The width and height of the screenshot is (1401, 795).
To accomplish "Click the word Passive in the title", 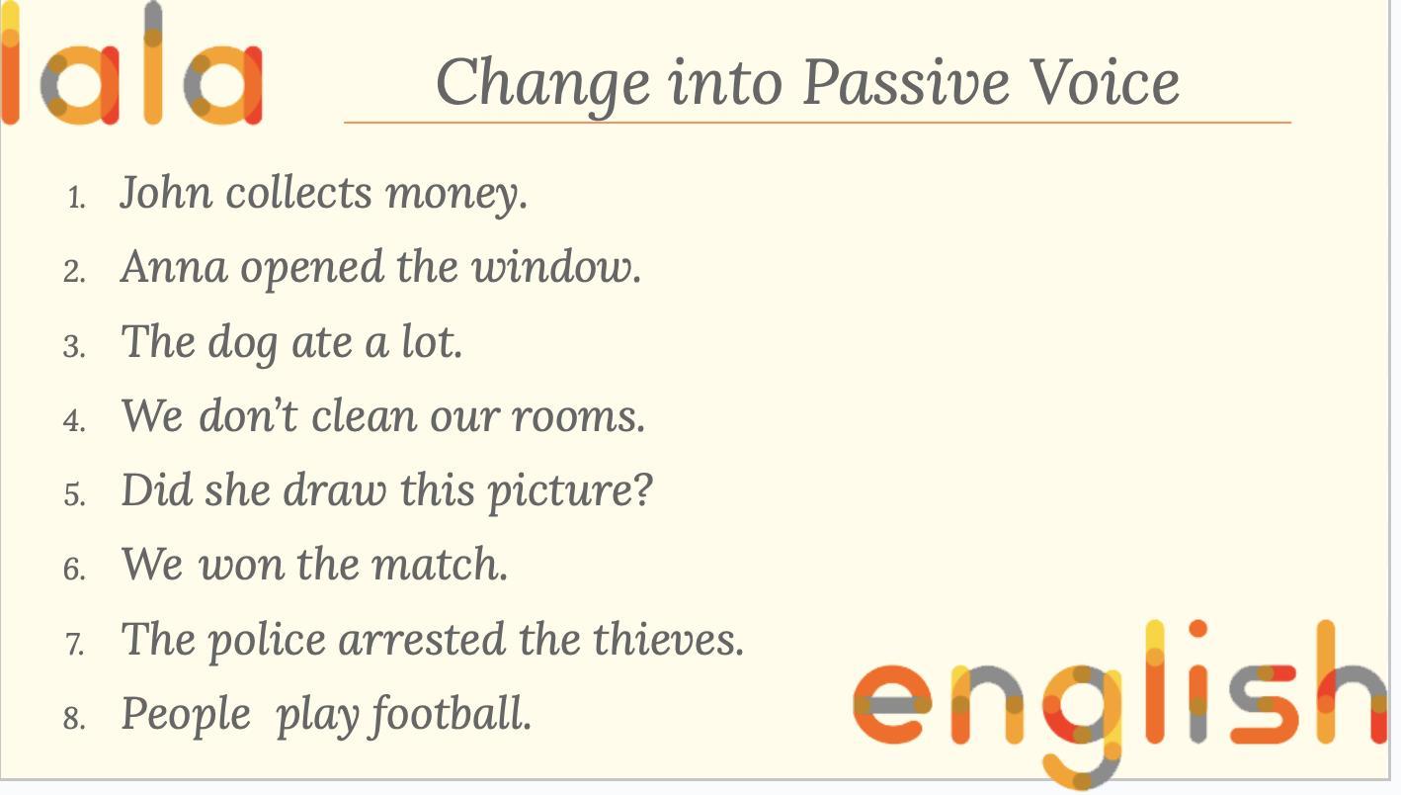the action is [906, 82].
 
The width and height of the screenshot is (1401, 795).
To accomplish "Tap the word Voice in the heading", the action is [1106, 82].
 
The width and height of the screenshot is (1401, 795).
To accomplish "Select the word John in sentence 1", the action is [166, 192].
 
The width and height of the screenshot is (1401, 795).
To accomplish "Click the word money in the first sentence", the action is [456, 196].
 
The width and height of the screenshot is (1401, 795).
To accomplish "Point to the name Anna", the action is [174, 267].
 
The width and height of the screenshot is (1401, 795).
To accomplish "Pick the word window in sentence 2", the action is [555, 267].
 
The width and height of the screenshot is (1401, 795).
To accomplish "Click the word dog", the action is [243, 343].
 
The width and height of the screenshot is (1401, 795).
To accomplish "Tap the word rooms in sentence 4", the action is [578, 416].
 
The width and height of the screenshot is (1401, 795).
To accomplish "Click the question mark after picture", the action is [643, 488].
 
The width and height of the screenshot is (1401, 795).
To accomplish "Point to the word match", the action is [439, 565].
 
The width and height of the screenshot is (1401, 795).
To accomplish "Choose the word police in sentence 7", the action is [267, 641].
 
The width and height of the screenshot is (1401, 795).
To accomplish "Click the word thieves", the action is [668, 639].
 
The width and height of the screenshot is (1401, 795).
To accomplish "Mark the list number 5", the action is [74, 494].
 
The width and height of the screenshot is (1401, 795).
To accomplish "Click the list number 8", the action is [74, 717].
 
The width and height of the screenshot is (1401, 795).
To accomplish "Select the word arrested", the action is [422, 639].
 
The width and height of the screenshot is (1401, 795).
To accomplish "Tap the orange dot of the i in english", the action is [1197, 629].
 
